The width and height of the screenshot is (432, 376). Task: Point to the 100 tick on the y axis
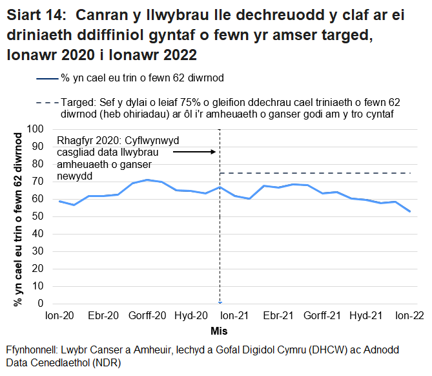36,129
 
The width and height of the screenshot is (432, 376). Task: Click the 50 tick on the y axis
38,216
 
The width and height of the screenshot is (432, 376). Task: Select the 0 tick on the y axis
41,304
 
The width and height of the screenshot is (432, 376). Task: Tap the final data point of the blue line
410,211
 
